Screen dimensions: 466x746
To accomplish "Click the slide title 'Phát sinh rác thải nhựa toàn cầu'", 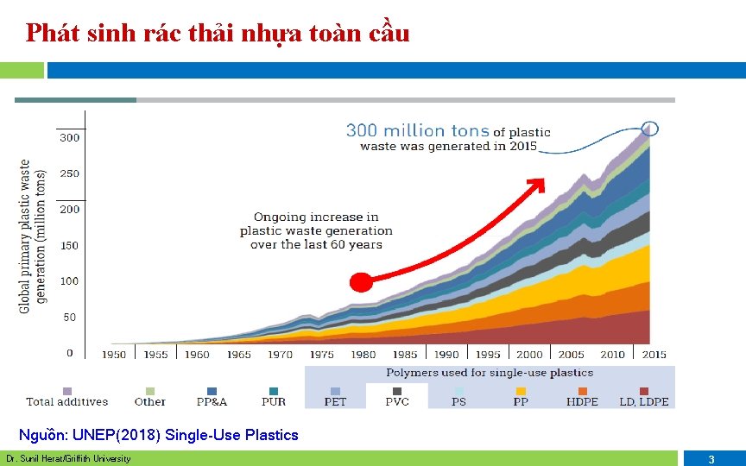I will click(x=218, y=34).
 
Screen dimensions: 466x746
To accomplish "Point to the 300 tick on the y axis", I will click(x=69, y=137).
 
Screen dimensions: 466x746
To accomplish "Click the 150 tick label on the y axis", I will click(x=69, y=245).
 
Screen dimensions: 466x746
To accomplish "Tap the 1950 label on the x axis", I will click(x=114, y=354).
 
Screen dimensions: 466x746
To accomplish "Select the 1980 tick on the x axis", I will click(x=363, y=354).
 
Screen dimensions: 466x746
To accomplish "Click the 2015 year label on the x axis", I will click(x=654, y=354).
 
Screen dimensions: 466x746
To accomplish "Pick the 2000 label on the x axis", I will click(x=529, y=354).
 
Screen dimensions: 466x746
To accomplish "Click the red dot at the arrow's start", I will click(x=361, y=282).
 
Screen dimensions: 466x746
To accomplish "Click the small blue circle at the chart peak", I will click(x=650, y=129).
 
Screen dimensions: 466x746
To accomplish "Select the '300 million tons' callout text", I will click(x=418, y=130).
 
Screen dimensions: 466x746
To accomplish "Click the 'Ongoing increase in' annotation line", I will click(x=316, y=217).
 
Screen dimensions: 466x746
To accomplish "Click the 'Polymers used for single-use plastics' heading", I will click(x=490, y=373).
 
